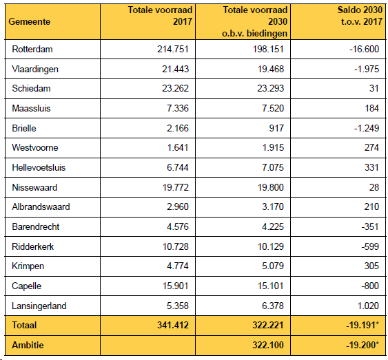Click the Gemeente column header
pos(30,22)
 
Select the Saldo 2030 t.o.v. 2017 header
pos(360,16)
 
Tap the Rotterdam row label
pos(32,49)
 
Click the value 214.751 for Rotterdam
pos(173,49)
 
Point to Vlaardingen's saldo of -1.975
pos(367,69)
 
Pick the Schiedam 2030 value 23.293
pos(270,89)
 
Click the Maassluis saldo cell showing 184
pos(372,108)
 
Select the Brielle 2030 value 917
pos(276,128)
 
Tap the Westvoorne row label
pos(35,148)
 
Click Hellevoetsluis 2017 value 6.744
pos(177,167)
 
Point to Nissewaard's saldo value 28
pos(374,187)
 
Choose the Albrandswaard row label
pos(41,207)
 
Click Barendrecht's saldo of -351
pos(370,226)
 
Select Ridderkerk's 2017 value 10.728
pos(176,246)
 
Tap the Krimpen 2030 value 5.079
pos(273,266)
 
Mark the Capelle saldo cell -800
pos(370,286)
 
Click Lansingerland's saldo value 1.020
pos(368,306)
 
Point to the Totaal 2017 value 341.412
pos(173,325)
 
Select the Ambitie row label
pos(28,345)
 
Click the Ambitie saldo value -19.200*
pos(363,345)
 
